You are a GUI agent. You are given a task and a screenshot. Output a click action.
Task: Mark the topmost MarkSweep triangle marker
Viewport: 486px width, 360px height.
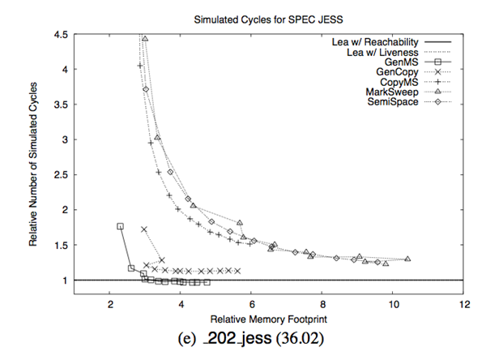(x=145, y=38)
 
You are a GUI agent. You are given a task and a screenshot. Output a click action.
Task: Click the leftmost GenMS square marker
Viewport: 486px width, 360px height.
(x=120, y=226)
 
